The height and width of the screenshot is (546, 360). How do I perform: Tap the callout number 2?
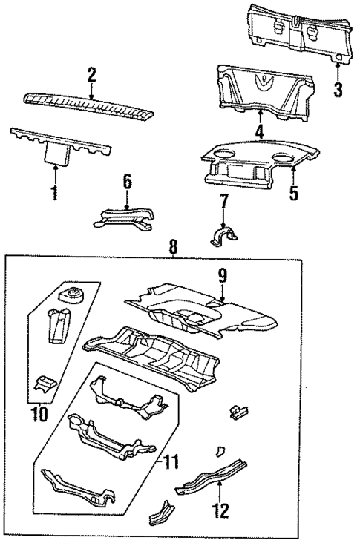point(91,74)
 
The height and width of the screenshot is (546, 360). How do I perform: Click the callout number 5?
point(294,194)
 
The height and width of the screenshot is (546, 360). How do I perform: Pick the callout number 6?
point(127,181)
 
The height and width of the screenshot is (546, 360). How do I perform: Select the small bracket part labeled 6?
point(125,217)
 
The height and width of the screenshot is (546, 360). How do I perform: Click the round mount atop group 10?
point(74,295)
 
